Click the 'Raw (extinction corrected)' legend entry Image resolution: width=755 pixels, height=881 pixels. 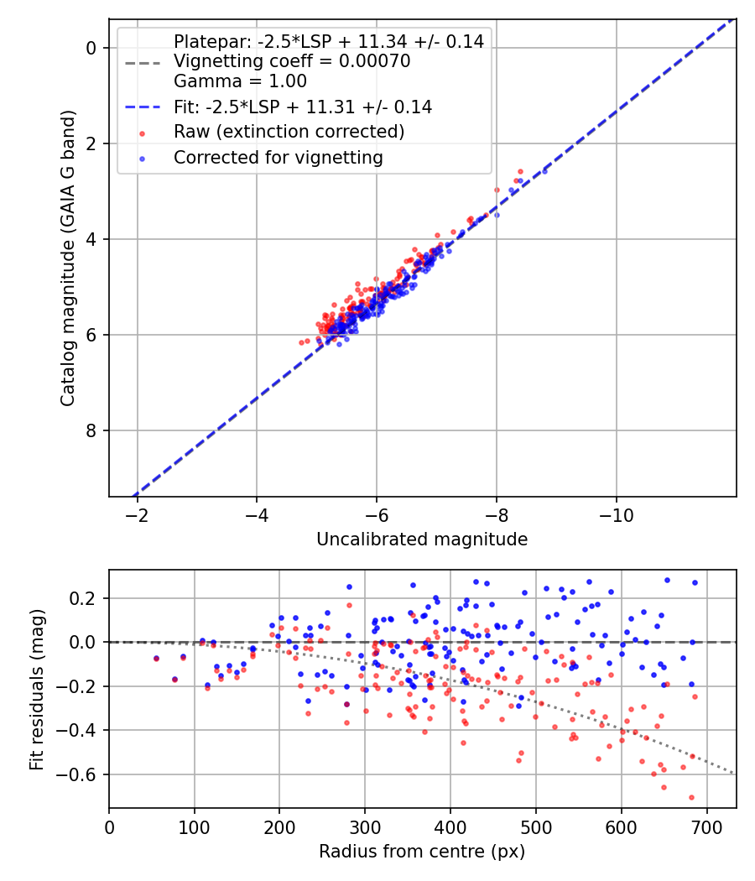(289, 132)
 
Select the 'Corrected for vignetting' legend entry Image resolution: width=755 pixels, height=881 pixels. (278, 157)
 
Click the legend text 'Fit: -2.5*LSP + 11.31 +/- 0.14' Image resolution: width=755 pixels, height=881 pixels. (302, 107)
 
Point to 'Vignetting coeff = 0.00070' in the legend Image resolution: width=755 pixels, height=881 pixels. (292, 61)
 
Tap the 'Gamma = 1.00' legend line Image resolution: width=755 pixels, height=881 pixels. (240, 81)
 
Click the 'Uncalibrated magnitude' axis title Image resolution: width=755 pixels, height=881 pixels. (422, 540)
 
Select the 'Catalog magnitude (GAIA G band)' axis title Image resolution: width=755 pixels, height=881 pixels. (69, 258)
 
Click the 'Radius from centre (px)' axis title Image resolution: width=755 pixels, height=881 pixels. (422, 851)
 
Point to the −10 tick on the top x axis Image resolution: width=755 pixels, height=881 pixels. (617, 513)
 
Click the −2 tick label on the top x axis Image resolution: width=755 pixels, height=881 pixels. (138, 513)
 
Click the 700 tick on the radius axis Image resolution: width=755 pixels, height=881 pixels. (707, 826)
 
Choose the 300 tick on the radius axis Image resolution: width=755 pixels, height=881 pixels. (365, 826)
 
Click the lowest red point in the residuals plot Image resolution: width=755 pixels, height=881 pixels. (691, 797)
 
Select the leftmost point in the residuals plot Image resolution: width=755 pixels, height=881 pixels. (156, 659)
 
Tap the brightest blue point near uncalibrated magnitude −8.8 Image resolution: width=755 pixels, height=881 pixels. (544, 171)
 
